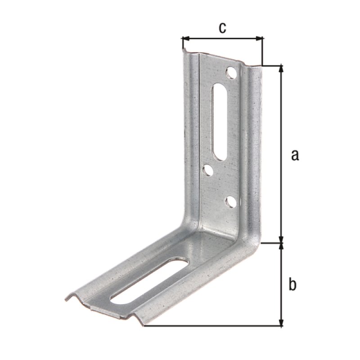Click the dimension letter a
pyautogui.click(x=295, y=155)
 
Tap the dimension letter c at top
pyautogui.click(x=222, y=28)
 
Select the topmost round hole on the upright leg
pyautogui.click(x=231, y=72)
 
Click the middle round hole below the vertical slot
pyautogui.click(x=208, y=170)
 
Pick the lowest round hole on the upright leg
pyautogui.click(x=230, y=202)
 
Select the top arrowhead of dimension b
pyautogui.click(x=282, y=247)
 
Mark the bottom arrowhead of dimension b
pyautogui.click(x=282, y=322)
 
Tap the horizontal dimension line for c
pyautogui.click(x=222, y=39)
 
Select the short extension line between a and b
pyautogui.click(x=272, y=243)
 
